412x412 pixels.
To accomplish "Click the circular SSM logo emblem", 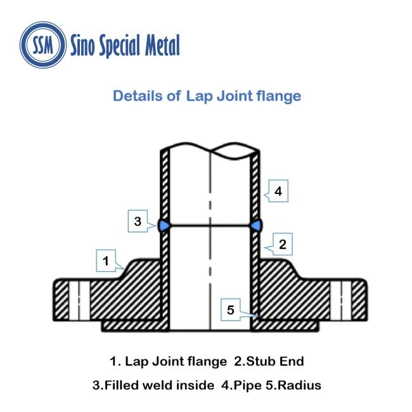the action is (43, 44).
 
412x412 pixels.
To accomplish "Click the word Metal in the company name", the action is (162, 45).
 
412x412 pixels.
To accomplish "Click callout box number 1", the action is (106, 261).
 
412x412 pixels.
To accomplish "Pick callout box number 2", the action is (283, 244).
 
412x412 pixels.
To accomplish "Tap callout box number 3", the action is (138, 221).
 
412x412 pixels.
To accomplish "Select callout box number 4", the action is (278, 191).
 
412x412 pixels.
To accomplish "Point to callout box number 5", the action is (231, 309).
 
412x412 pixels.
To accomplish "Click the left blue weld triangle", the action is (164, 226).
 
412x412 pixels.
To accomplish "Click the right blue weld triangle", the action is (256, 226).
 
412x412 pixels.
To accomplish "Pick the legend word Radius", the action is (299, 385).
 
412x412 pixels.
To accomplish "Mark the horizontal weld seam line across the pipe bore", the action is (210, 226).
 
